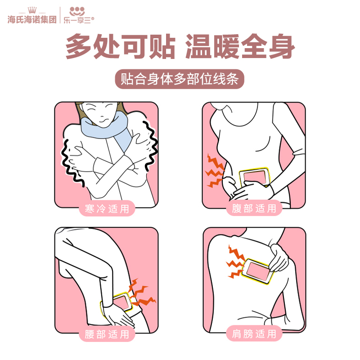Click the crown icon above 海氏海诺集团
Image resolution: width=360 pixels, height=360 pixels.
coord(32,10)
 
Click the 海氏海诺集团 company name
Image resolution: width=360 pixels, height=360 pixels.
coord(32,19)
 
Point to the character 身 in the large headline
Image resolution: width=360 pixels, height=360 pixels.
coord(282,46)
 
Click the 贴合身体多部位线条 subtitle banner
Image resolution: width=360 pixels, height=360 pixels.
coord(179,79)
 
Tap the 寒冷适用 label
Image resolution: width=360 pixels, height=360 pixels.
coord(107,209)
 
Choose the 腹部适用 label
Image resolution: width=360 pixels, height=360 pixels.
coord(254,208)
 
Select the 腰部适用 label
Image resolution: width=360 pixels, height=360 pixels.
coord(107,334)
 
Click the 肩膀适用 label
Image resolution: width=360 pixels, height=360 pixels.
coord(254,333)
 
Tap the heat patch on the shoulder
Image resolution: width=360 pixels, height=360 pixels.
coord(257,271)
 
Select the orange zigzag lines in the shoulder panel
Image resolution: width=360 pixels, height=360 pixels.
coord(236,262)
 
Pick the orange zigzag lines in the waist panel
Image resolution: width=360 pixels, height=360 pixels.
coord(141,293)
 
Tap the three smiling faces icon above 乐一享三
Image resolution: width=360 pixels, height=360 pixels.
coord(77,11)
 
